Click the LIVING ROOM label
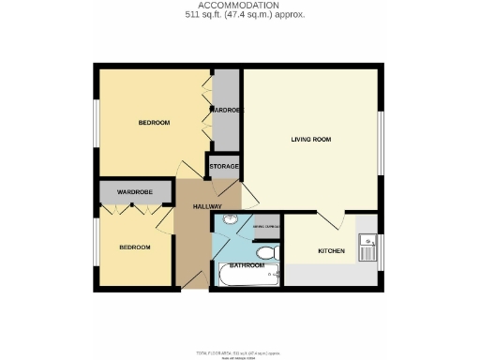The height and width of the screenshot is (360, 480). [309, 140]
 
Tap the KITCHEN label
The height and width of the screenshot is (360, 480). [331, 251]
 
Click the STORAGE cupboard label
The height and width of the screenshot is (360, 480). [224, 167]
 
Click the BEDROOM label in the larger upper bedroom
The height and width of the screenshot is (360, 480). [154, 123]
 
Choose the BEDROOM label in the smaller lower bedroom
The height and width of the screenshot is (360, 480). [134, 247]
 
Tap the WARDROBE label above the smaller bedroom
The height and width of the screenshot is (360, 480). [135, 192]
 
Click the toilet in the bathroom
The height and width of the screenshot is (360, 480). [266, 253]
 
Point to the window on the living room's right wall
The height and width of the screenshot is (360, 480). [381, 142]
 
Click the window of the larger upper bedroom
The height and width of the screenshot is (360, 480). [96, 123]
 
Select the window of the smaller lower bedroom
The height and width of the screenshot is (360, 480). [96, 247]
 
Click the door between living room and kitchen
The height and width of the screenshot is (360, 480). [330, 221]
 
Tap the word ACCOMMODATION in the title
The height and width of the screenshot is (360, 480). [239, 6]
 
